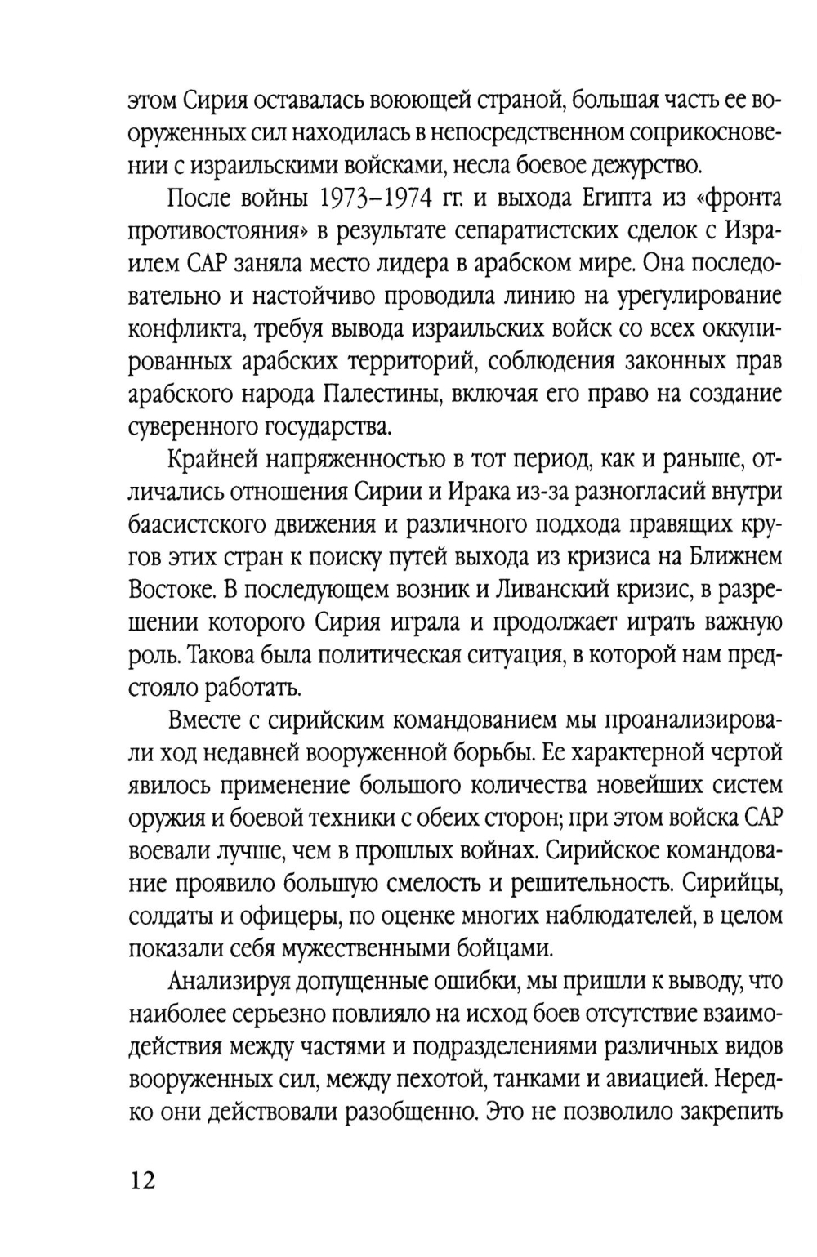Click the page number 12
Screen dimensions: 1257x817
coord(142,1181)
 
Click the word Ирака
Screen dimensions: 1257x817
coord(471,493)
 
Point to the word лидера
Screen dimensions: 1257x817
coord(445,264)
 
